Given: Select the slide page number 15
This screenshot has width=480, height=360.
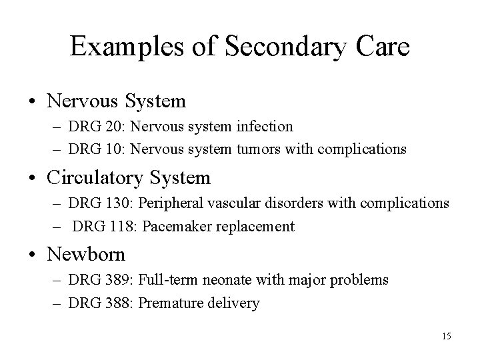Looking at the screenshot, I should pyautogui.click(x=445, y=336).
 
